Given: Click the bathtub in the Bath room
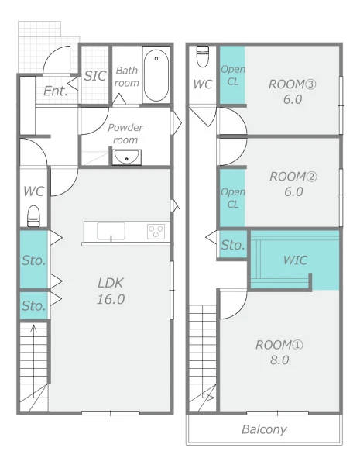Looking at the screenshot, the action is [156, 75].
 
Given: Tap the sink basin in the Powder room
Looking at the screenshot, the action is [126, 157].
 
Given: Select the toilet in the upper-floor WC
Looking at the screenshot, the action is [203, 57].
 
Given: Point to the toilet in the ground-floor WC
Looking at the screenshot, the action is [33, 216].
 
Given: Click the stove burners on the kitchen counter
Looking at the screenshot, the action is [156, 232].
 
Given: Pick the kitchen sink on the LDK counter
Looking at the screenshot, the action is [111, 231].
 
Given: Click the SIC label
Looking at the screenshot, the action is [95, 76].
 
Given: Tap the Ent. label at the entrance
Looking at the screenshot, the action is [56, 91].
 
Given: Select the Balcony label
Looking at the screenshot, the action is [264, 429].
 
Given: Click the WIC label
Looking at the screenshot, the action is [295, 260].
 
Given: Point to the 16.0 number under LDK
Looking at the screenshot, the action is [111, 299].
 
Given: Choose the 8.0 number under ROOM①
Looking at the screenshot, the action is [279, 360].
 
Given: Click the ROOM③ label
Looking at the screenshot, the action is [292, 84].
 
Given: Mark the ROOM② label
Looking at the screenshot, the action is [293, 177].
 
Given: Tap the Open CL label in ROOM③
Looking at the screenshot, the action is [233, 75].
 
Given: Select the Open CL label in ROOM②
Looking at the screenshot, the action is [233, 198].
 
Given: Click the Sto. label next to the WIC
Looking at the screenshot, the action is [233, 245].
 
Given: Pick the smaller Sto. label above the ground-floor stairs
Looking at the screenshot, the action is [34, 306].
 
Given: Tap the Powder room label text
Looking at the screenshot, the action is [125, 133].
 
